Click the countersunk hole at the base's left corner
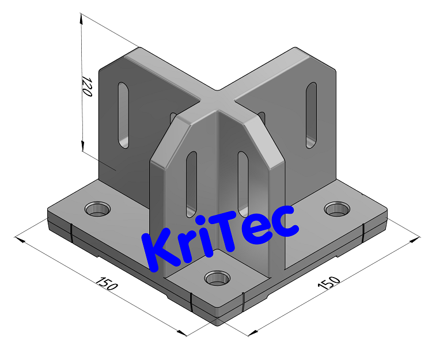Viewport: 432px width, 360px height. (97, 208)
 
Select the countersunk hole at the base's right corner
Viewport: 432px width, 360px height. (336, 209)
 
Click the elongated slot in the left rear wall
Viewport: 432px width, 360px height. (124, 115)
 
